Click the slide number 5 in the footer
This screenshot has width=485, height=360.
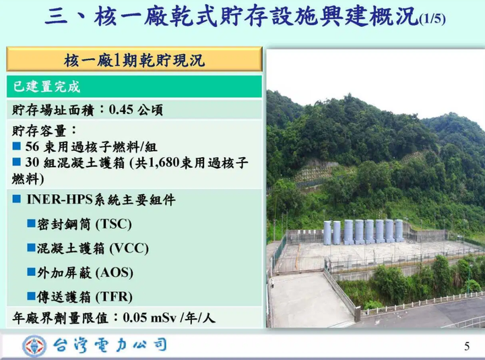click(x=467, y=346)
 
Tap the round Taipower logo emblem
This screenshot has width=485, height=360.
click(x=34, y=346)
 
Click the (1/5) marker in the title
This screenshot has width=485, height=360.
click(x=432, y=19)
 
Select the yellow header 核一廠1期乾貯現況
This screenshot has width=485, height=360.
click(x=134, y=59)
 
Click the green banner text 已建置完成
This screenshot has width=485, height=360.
click(x=46, y=87)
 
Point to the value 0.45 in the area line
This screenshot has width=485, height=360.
click(x=121, y=110)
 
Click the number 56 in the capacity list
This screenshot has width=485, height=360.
click(x=32, y=146)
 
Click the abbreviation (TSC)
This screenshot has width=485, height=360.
click(x=114, y=224)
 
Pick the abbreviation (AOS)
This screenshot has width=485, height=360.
click(x=115, y=273)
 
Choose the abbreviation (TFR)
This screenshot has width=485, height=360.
click(x=114, y=297)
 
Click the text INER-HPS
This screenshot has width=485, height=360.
click(x=59, y=200)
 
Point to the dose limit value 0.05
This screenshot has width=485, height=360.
click(x=135, y=318)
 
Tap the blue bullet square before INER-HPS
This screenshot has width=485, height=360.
click(x=17, y=199)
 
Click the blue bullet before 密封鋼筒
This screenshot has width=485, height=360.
click(x=31, y=223)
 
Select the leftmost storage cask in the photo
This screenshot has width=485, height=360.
click(x=327, y=233)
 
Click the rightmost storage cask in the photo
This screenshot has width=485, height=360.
click(x=399, y=231)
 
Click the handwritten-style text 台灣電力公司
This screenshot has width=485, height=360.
click(x=110, y=345)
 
